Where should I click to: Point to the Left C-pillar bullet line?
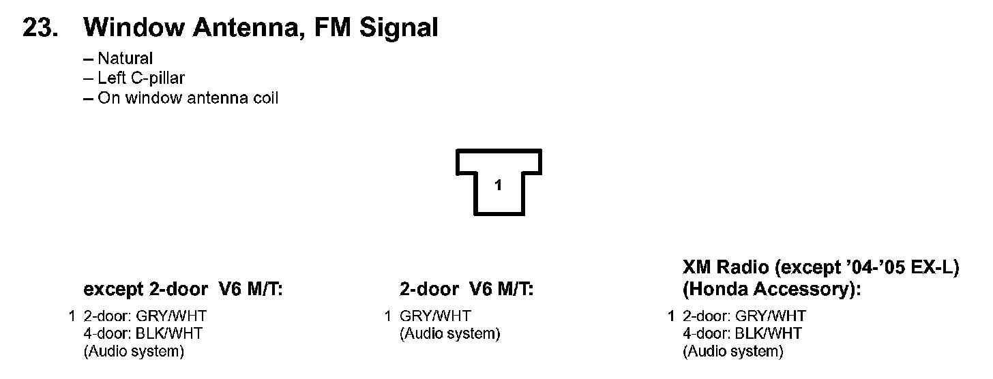[134, 78]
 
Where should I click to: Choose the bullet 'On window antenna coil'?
[181, 98]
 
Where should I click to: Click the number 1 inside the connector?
[498, 185]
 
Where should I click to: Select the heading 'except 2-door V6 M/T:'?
[183, 290]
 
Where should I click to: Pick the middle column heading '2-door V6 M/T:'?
[466, 290]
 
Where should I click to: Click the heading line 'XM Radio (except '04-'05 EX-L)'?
[820, 268]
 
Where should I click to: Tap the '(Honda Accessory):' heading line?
[772, 290]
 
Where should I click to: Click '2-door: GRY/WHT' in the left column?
[145, 316]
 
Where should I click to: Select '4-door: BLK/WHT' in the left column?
[143, 334]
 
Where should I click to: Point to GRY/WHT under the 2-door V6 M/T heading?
[435, 316]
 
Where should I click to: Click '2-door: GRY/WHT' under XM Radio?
[744, 316]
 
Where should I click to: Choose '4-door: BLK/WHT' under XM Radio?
[743, 334]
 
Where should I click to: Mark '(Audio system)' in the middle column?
[450, 334]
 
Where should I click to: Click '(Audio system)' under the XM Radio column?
[733, 352]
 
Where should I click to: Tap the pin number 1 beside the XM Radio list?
[672, 316]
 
